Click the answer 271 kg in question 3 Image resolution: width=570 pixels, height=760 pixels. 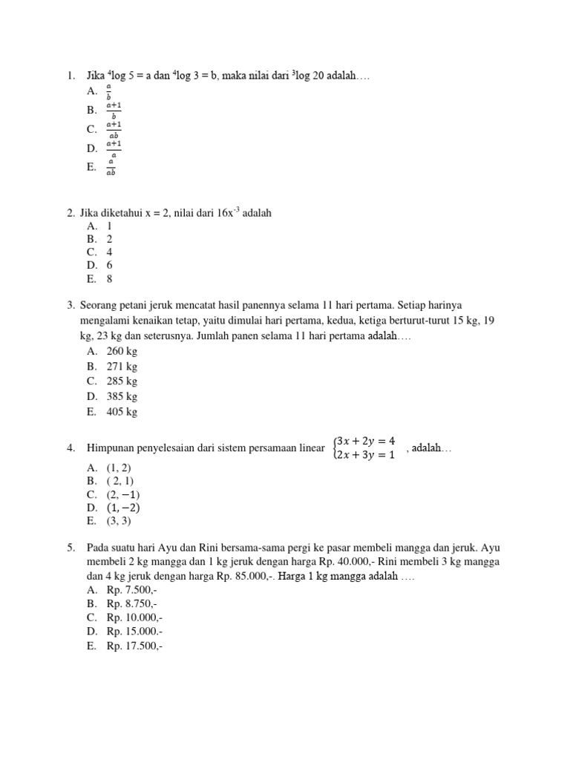(122, 367)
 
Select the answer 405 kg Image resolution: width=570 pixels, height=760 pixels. (122, 412)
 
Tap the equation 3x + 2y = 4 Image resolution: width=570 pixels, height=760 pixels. (367, 440)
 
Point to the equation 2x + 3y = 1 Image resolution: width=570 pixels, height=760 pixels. (367, 454)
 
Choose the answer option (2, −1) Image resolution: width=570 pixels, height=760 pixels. (123, 494)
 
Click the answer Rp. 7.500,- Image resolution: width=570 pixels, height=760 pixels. (131, 590)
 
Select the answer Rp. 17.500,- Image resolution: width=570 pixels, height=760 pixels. (134, 646)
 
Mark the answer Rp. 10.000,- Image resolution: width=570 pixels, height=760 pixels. (134, 618)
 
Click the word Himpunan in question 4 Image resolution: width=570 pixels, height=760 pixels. (110, 448)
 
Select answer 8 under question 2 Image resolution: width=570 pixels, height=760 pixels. (109, 279)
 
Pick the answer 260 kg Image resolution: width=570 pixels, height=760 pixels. (122, 351)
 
